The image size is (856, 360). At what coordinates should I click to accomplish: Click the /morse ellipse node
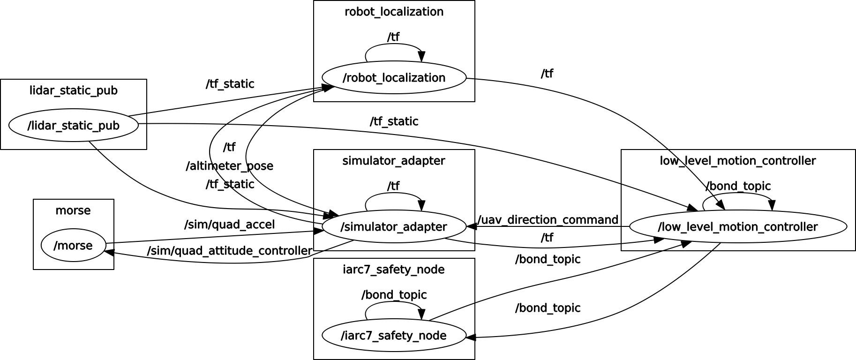(73, 245)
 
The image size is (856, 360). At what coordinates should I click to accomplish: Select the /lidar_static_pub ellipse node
(74, 125)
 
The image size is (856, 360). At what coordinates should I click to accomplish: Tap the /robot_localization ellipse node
(394, 77)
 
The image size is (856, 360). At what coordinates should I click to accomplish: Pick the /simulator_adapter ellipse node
(394, 226)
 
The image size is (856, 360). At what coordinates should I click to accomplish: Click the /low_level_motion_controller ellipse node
(738, 226)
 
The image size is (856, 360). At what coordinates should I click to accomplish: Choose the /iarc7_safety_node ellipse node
(394, 335)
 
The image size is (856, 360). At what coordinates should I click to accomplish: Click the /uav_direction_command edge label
(548, 220)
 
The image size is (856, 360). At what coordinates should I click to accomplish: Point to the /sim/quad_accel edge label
(229, 225)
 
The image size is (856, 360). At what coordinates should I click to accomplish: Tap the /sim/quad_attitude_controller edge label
(229, 251)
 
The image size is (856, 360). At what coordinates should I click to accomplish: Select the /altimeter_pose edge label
(229, 166)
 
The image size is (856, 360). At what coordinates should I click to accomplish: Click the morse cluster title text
(73, 210)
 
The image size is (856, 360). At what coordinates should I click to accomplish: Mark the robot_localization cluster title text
(394, 12)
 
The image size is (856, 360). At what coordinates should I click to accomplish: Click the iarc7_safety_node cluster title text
(394, 270)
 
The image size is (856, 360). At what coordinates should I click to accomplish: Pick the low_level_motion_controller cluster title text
(738, 161)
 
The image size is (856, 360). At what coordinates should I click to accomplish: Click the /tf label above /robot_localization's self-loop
(393, 37)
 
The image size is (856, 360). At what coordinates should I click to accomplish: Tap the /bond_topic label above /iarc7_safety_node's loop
(394, 295)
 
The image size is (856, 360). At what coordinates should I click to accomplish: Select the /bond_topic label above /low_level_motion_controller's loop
(738, 186)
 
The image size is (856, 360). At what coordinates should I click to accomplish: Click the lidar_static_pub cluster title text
(74, 90)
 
